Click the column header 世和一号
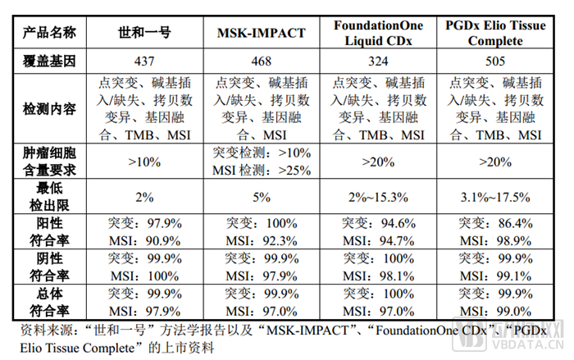(x=144, y=34)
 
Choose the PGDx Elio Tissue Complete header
(x=495, y=34)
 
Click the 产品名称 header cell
(x=51, y=34)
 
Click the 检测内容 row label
(x=51, y=108)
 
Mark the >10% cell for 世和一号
(x=144, y=162)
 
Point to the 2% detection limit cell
(x=144, y=197)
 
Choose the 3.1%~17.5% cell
(x=495, y=197)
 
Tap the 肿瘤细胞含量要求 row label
(x=51, y=162)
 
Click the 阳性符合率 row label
(x=51, y=231)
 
